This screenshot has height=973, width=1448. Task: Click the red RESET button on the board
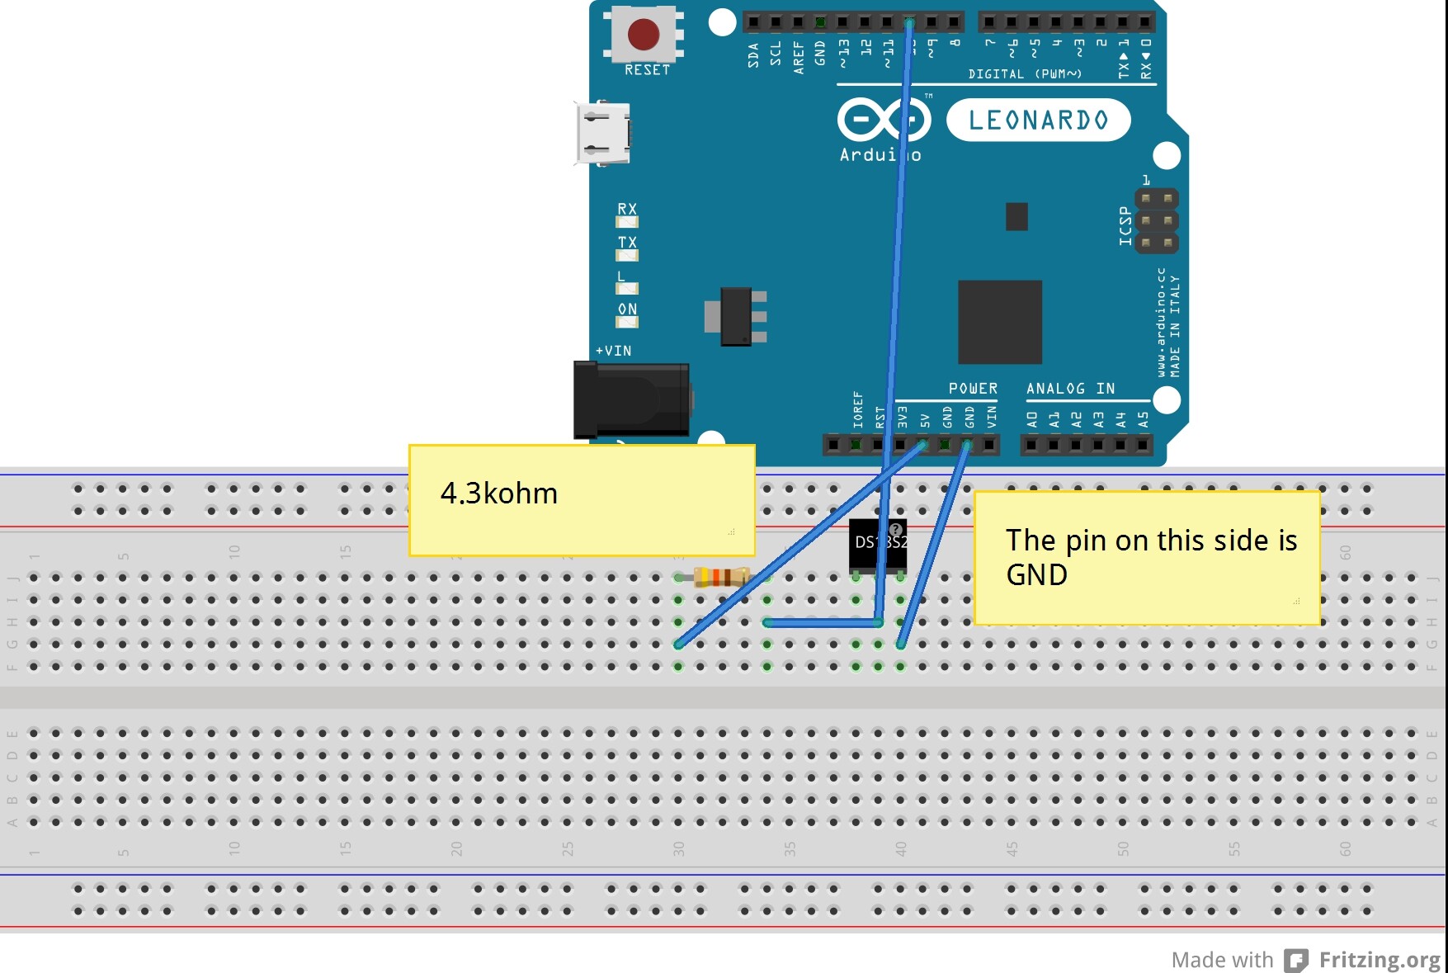tap(644, 35)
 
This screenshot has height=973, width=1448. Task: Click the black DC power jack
tap(632, 399)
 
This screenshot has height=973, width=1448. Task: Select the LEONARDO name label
tap(1038, 120)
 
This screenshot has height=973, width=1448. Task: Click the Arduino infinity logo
tap(884, 120)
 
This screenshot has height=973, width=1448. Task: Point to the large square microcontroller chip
tap(999, 322)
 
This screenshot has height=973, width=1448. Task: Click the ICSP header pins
tap(1156, 220)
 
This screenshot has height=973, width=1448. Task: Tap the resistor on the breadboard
tap(721, 577)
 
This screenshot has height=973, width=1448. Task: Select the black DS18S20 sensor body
tap(878, 544)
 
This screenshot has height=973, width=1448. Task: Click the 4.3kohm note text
tap(499, 494)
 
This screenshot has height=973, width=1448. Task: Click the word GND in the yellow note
tap(1037, 575)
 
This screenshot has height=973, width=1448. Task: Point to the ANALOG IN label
tap(1070, 389)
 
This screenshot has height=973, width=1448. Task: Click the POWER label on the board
tap(973, 389)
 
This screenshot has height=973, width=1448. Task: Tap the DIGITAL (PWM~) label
tap(1024, 74)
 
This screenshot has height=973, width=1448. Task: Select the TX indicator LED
tap(627, 255)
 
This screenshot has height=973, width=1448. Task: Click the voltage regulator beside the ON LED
tap(736, 316)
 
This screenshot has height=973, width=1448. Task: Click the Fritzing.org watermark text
tap(1380, 960)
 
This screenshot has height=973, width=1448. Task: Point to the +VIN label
tap(614, 351)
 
